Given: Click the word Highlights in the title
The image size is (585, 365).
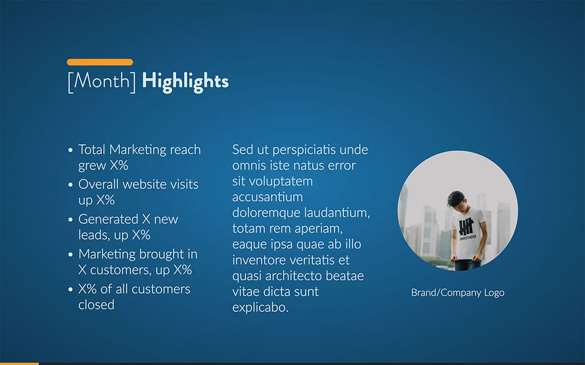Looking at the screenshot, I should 185,81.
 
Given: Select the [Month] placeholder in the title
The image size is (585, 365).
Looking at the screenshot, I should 102,81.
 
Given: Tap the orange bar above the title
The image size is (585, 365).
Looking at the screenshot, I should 99,62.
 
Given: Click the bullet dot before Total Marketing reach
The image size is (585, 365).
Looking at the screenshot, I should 70,150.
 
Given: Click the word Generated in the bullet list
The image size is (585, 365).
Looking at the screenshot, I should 108,220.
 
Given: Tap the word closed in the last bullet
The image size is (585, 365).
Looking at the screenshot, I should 97,305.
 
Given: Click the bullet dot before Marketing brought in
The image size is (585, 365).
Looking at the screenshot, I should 70,255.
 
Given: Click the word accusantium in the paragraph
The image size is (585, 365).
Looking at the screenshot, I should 267,197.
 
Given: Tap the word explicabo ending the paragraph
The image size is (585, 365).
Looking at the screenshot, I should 260,307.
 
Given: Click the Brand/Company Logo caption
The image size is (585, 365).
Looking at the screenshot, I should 457,293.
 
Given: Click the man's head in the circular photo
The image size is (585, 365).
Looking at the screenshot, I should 456,200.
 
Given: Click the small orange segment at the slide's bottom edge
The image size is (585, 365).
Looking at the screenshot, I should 19,363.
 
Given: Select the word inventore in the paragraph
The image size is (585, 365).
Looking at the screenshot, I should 261,260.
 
